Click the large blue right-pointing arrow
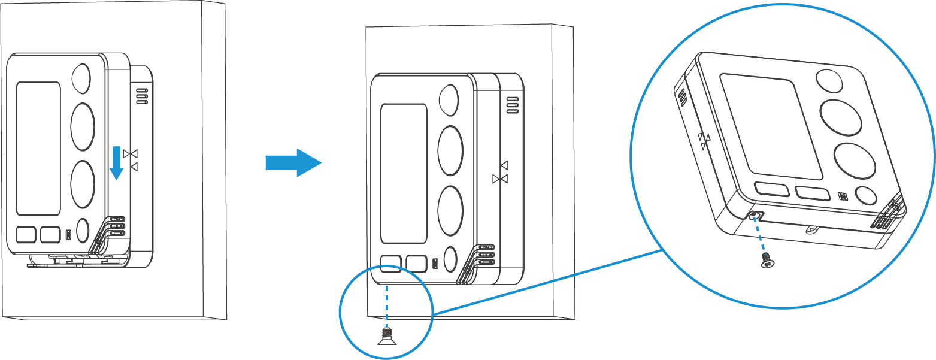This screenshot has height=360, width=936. point(293,162)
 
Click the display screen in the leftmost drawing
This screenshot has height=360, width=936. point(38,149)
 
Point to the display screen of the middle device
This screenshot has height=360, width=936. point(404,173)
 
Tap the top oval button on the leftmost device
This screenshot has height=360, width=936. point(81,78)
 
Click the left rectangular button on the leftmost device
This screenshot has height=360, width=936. point(26,234)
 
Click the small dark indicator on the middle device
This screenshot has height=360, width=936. point(435,263)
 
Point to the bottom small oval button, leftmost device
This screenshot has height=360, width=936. point(83,230)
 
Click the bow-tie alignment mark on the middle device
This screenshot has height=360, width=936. point(500,179)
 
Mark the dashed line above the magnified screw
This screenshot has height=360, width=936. point(761,236)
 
